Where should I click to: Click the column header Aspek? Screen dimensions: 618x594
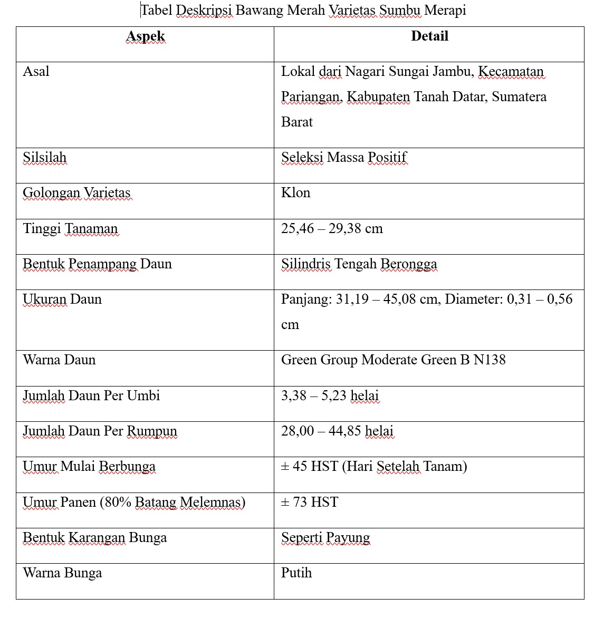pyautogui.click(x=146, y=36)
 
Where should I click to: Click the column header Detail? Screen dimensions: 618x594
pyautogui.click(x=429, y=36)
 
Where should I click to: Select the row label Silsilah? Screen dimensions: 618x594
pyautogui.click(x=45, y=158)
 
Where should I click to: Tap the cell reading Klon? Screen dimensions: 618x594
pyautogui.click(x=295, y=193)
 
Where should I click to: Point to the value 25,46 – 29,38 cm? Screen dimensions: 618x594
pyautogui.click(x=332, y=229)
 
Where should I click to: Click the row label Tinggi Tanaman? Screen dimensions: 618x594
pyautogui.click(x=70, y=229)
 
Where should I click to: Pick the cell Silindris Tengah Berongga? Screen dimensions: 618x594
pyautogui.click(x=359, y=264)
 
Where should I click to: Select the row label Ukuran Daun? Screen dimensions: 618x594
pyautogui.click(x=62, y=300)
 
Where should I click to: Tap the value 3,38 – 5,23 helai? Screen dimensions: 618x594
pyautogui.click(x=330, y=396)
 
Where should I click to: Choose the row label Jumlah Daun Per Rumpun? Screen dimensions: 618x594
pyautogui.click(x=100, y=431)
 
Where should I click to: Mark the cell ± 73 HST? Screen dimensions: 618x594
pyautogui.click(x=310, y=503)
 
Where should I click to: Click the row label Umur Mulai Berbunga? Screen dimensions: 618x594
pyautogui.click(x=89, y=467)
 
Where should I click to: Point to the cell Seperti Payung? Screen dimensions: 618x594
pyautogui.click(x=325, y=538)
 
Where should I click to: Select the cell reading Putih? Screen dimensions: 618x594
pyautogui.click(x=296, y=573)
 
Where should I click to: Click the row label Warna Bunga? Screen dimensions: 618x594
pyautogui.click(x=62, y=573)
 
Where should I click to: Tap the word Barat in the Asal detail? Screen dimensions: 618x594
pyautogui.click(x=297, y=122)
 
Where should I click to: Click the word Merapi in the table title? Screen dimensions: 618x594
pyautogui.click(x=446, y=10)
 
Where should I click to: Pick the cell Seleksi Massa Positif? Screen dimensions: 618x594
pyautogui.click(x=344, y=158)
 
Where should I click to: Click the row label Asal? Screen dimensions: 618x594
pyautogui.click(x=36, y=72)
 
